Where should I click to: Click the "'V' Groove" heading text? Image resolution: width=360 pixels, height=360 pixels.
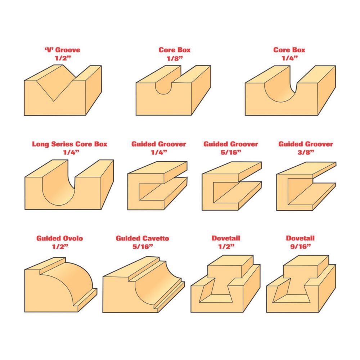click(x=62, y=50)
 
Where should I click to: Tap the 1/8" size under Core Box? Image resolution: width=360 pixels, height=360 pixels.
click(x=175, y=58)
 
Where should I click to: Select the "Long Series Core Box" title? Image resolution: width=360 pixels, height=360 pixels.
click(x=69, y=144)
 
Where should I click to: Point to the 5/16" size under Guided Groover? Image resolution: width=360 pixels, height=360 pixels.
click(x=231, y=152)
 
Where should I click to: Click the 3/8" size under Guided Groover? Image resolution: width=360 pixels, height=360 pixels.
click(x=306, y=152)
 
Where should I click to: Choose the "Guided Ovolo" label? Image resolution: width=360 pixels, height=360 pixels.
click(x=60, y=238)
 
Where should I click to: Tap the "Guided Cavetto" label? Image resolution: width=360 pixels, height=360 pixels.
click(x=142, y=238)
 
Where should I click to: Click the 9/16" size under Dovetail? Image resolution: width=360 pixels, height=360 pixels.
click(x=300, y=247)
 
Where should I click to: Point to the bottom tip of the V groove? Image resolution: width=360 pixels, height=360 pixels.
click(x=54, y=101)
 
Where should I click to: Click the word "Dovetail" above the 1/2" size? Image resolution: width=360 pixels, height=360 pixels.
click(x=226, y=238)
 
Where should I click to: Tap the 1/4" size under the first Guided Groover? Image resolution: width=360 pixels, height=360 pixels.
click(x=159, y=152)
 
